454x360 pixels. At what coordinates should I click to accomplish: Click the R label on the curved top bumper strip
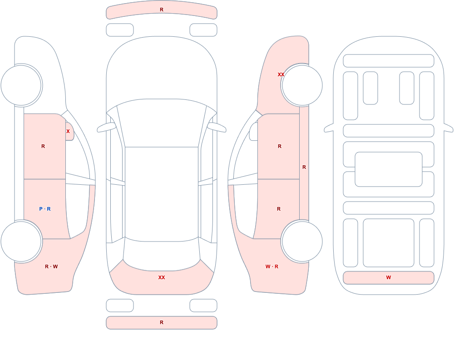click(x=162, y=10)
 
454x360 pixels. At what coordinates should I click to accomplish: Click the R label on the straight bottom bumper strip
click(x=162, y=322)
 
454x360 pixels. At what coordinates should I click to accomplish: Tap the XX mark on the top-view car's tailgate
click(x=162, y=277)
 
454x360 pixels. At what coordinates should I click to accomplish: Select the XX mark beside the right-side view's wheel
click(x=281, y=74)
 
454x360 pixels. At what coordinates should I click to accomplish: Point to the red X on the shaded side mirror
click(x=68, y=131)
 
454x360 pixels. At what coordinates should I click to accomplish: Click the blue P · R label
click(x=45, y=209)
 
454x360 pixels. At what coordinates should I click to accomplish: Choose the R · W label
click(x=51, y=266)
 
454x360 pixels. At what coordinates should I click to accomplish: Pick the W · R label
click(x=272, y=266)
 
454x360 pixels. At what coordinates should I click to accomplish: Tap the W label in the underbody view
click(x=389, y=277)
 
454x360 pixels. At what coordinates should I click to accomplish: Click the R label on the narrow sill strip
click(x=304, y=167)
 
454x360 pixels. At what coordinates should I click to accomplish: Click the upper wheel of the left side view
click(x=21, y=85)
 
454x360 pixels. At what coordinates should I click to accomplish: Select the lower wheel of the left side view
click(x=21, y=242)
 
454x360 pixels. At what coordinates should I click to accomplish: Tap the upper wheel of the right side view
click(x=302, y=85)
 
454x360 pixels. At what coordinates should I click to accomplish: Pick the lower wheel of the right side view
click(x=302, y=242)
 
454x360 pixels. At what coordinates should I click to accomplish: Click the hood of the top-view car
click(x=162, y=69)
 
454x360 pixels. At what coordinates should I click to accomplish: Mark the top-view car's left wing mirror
click(x=106, y=128)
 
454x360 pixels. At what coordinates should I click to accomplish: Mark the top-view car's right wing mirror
click(x=217, y=128)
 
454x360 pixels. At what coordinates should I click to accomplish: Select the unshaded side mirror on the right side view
click(x=254, y=132)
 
